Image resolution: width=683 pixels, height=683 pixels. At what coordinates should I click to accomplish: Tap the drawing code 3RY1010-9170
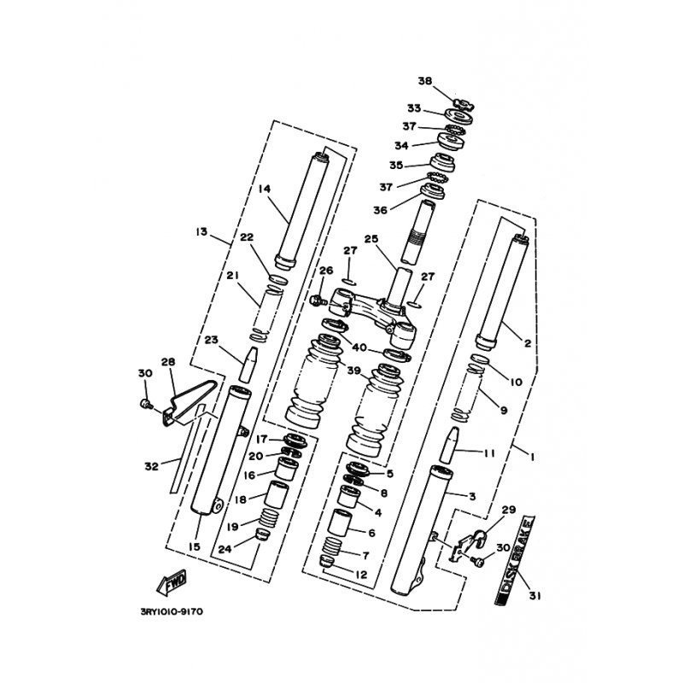pos(172,612)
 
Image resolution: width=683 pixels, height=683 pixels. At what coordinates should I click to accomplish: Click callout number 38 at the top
pos(425,81)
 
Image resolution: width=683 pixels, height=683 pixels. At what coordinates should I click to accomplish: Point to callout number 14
pos(264,189)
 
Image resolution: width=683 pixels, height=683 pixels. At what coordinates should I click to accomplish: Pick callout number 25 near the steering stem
pos(371,239)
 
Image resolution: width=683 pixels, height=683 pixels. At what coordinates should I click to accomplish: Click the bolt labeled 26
pos(317,301)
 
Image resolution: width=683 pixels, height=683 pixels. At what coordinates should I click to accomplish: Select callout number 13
pos(201,231)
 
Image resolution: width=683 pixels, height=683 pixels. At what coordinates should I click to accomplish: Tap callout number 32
pos(151,466)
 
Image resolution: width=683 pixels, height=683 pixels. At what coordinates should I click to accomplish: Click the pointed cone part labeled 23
pos(248,365)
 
